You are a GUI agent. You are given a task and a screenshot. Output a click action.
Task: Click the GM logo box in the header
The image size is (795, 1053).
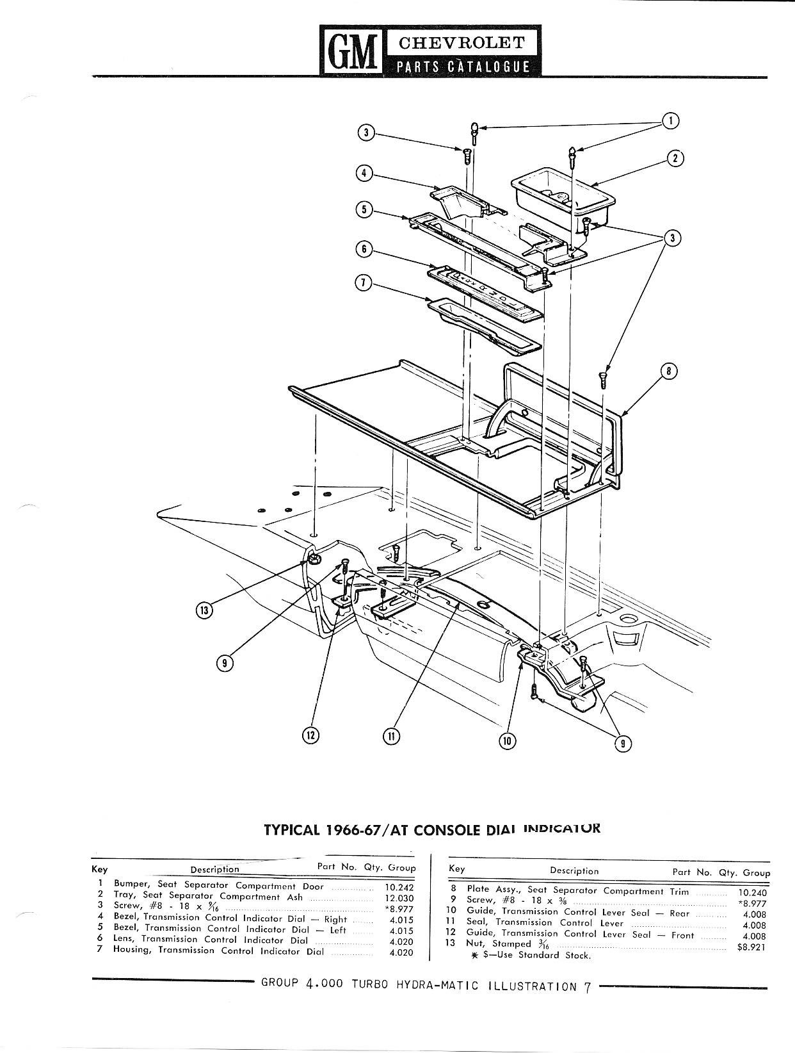351,51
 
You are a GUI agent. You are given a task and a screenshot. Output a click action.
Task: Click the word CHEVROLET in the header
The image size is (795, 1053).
462,43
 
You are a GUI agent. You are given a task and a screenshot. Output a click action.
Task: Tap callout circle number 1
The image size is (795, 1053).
670,120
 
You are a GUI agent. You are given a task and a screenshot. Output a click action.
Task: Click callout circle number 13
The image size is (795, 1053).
203,610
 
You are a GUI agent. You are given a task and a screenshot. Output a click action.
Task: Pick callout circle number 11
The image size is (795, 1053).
390,736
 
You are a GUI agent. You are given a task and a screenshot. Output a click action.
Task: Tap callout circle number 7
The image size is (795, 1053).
364,282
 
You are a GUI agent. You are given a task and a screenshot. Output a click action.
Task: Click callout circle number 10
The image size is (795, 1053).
507,740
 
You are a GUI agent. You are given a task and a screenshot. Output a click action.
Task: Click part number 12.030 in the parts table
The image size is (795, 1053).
399,898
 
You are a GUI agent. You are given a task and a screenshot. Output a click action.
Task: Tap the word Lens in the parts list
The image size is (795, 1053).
125,940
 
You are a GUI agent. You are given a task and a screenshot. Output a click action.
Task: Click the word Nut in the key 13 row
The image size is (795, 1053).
476,943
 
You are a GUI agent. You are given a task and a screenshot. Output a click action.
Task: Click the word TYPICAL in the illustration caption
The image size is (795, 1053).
291,829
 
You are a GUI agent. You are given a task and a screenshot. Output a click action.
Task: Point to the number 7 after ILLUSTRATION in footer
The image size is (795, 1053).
587,987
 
